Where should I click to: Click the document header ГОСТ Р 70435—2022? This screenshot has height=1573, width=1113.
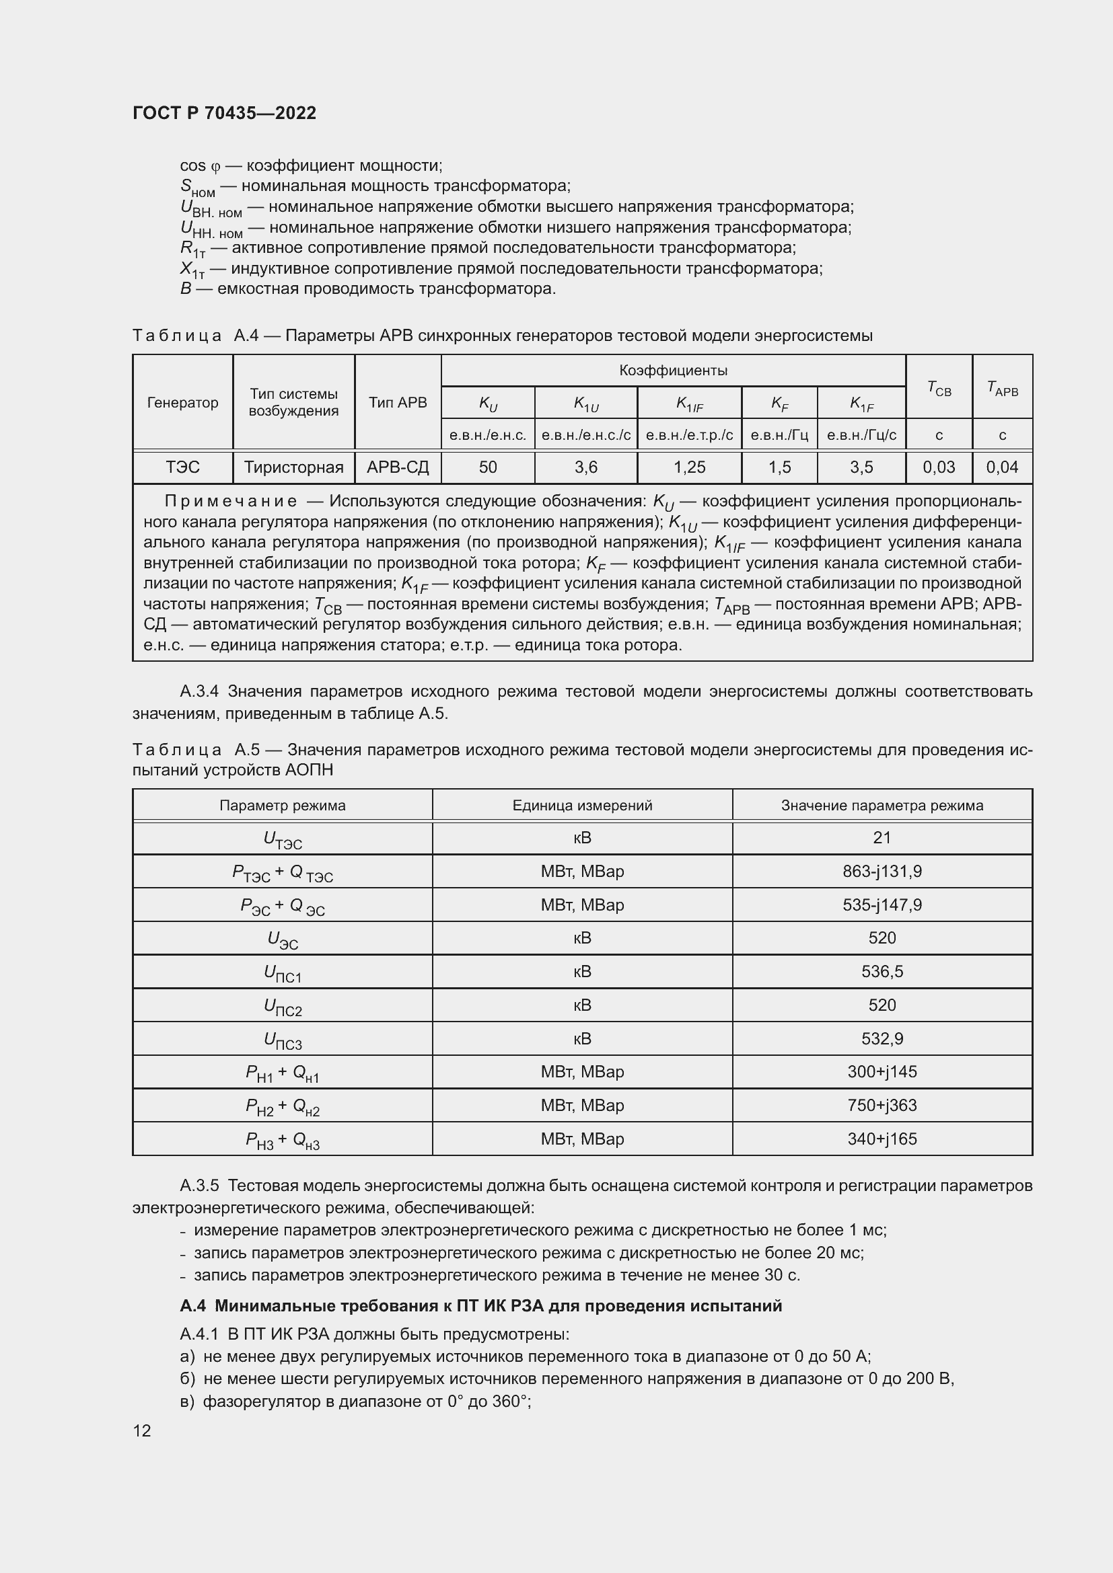[x=224, y=113]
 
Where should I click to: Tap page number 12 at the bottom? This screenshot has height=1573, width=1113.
[x=142, y=1430]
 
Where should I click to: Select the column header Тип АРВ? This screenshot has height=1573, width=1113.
[x=398, y=402]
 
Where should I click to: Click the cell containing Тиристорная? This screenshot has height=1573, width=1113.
[x=293, y=467]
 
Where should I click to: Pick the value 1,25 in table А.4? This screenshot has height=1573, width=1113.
[x=689, y=467]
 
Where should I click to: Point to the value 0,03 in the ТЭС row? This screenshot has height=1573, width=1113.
[x=938, y=467]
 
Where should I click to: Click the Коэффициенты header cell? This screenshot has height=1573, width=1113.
[x=673, y=371]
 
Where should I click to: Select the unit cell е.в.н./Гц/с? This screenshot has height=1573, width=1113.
[x=861, y=435]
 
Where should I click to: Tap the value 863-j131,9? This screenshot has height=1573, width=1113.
[x=882, y=872]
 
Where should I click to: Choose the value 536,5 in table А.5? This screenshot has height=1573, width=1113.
[x=882, y=972]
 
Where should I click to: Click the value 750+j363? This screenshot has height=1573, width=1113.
[x=882, y=1105]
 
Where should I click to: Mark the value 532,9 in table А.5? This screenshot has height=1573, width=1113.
[x=882, y=1038]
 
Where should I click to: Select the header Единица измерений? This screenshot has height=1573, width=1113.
[x=582, y=806]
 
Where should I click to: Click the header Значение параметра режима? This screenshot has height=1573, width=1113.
[x=882, y=806]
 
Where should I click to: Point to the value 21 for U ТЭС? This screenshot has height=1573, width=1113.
[x=882, y=837]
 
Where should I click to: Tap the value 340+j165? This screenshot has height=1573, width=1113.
[x=882, y=1139]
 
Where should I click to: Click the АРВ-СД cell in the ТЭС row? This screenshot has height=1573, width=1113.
[x=398, y=467]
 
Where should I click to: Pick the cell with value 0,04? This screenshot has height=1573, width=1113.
[x=1002, y=467]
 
